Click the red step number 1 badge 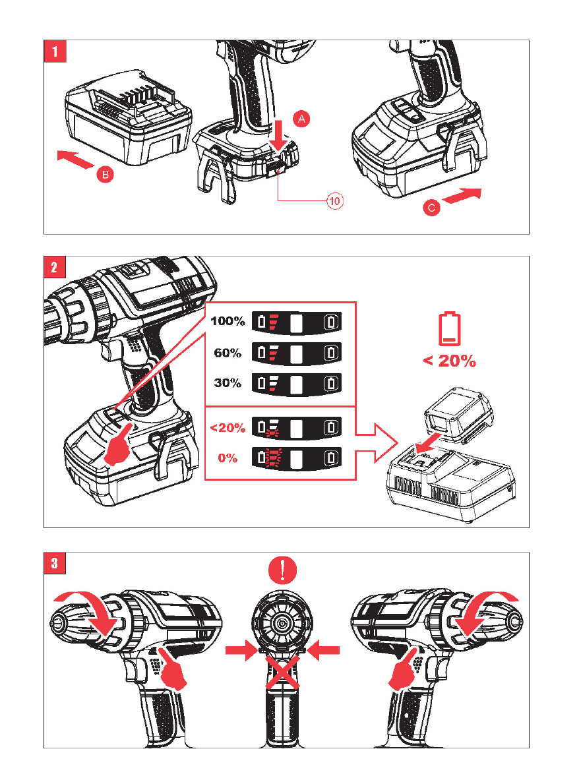(54, 51)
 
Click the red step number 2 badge (54, 267)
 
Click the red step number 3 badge (54, 563)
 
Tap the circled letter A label (300, 119)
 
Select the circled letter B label (104, 175)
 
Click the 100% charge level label (228, 322)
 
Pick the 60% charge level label (228, 353)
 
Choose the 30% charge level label (228, 383)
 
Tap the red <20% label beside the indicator (228, 428)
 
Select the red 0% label (228, 458)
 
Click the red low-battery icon (449, 330)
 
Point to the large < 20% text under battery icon (449, 361)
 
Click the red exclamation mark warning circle (282, 569)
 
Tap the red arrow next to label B (75, 159)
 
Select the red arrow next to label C (462, 196)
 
